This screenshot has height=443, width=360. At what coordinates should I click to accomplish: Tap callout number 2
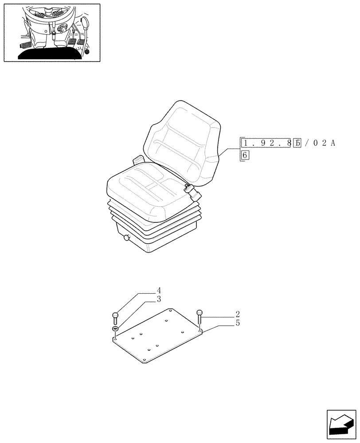238,315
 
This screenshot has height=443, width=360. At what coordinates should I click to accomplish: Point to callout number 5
238,323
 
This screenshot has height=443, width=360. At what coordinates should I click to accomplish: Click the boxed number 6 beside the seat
245,155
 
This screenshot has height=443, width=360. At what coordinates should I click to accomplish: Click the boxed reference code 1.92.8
265,143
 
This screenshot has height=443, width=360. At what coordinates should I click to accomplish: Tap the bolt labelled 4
115,317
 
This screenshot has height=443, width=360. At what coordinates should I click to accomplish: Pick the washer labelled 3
115,328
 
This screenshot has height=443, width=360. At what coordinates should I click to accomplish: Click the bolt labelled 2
199,315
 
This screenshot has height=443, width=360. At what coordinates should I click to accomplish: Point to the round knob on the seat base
128,238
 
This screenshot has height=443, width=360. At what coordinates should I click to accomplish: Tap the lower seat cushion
146,186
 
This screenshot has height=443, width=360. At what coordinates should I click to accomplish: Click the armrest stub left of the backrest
138,159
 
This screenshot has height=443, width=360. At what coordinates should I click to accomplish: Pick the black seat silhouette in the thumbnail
51,54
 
